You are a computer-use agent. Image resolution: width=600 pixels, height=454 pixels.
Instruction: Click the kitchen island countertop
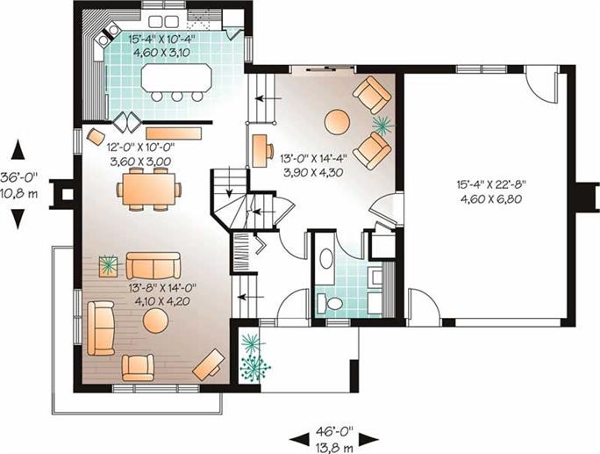176,78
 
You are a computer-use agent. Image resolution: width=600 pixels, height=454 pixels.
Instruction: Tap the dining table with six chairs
149,190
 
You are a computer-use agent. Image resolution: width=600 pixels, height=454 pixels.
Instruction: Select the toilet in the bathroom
330,304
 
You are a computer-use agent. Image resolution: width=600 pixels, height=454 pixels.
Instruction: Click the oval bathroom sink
326,258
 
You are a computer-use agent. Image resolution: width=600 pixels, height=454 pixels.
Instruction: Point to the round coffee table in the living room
155,321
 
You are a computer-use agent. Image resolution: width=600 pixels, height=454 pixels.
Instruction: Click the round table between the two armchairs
337,122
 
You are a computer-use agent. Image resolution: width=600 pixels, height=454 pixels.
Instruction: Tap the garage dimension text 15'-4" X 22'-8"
492,184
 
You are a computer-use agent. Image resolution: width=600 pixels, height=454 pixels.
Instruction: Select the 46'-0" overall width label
334,432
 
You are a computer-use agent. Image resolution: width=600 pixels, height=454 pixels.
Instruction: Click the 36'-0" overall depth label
19,177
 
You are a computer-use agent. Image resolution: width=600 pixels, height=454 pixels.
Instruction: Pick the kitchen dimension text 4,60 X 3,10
161,53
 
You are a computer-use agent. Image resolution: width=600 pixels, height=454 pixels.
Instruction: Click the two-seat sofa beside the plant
154,265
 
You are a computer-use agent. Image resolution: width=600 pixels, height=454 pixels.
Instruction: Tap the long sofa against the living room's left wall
101,328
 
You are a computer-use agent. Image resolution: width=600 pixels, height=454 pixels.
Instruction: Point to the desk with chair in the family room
261,150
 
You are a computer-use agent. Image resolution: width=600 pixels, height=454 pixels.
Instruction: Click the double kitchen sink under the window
163,21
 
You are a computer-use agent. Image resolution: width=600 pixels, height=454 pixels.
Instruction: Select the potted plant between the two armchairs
383,124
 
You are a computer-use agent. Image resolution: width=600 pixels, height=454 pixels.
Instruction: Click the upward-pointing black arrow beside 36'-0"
18,150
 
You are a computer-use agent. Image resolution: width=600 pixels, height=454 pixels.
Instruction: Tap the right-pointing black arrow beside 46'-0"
369,439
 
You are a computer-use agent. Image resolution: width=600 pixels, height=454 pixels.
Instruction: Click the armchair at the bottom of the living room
138,368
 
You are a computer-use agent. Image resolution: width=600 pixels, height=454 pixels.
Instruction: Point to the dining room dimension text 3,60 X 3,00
140,162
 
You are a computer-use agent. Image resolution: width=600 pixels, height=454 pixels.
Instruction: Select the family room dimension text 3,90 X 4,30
313,173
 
